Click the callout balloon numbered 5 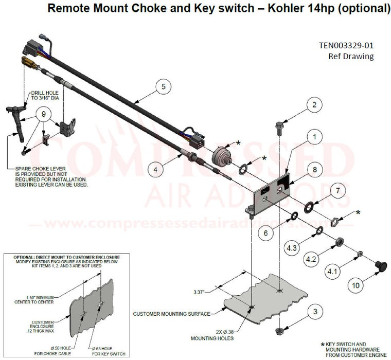click(x=163, y=87)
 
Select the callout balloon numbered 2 click(x=313, y=105)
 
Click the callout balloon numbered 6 click(x=265, y=233)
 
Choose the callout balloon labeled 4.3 click(x=291, y=248)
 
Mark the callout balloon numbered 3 click(x=313, y=312)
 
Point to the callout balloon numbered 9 click(x=44, y=114)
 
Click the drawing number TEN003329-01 click(x=346, y=45)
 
